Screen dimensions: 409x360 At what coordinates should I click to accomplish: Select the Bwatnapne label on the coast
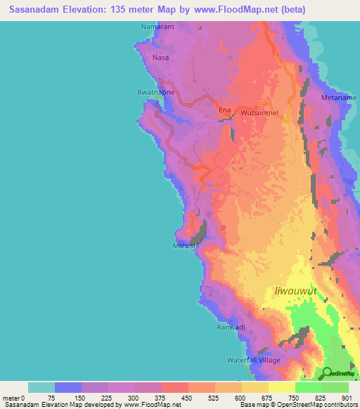pos(154,92)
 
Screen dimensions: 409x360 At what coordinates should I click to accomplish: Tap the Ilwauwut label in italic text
pos(295,290)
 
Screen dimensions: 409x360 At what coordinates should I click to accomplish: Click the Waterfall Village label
pos(254,360)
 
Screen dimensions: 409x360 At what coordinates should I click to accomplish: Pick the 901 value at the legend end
pos(347,398)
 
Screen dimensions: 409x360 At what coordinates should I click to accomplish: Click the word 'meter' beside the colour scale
pos(11,398)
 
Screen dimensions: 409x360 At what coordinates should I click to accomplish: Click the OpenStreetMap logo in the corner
pos(337,372)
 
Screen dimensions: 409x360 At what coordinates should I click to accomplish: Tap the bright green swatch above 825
pos(308,387)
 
